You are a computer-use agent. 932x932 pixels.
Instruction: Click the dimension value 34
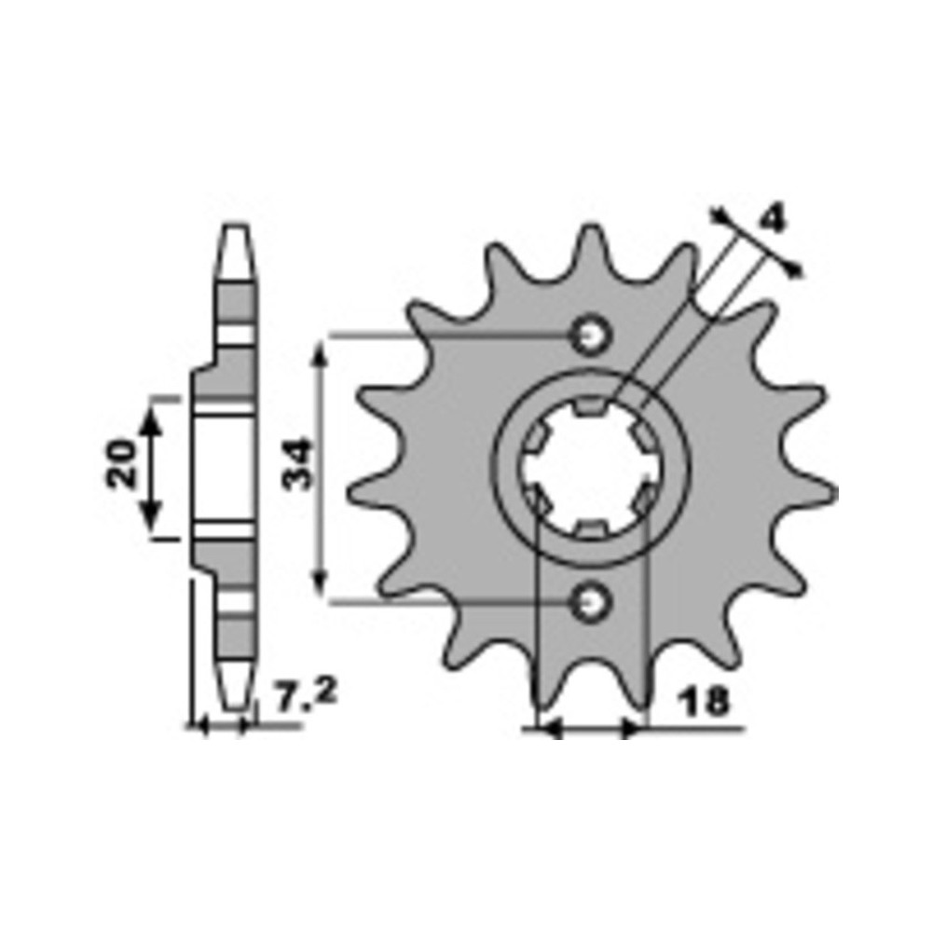point(296,463)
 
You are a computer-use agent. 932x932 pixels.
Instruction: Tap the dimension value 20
point(121,464)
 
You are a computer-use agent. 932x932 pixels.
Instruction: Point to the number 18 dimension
point(706,702)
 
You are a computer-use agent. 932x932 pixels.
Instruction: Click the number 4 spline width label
point(773,218)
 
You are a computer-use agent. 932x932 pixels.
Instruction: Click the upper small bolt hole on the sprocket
point(590,336)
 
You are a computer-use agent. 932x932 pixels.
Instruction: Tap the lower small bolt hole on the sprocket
point(590,603)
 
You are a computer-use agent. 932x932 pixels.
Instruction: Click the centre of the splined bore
point(590,469)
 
